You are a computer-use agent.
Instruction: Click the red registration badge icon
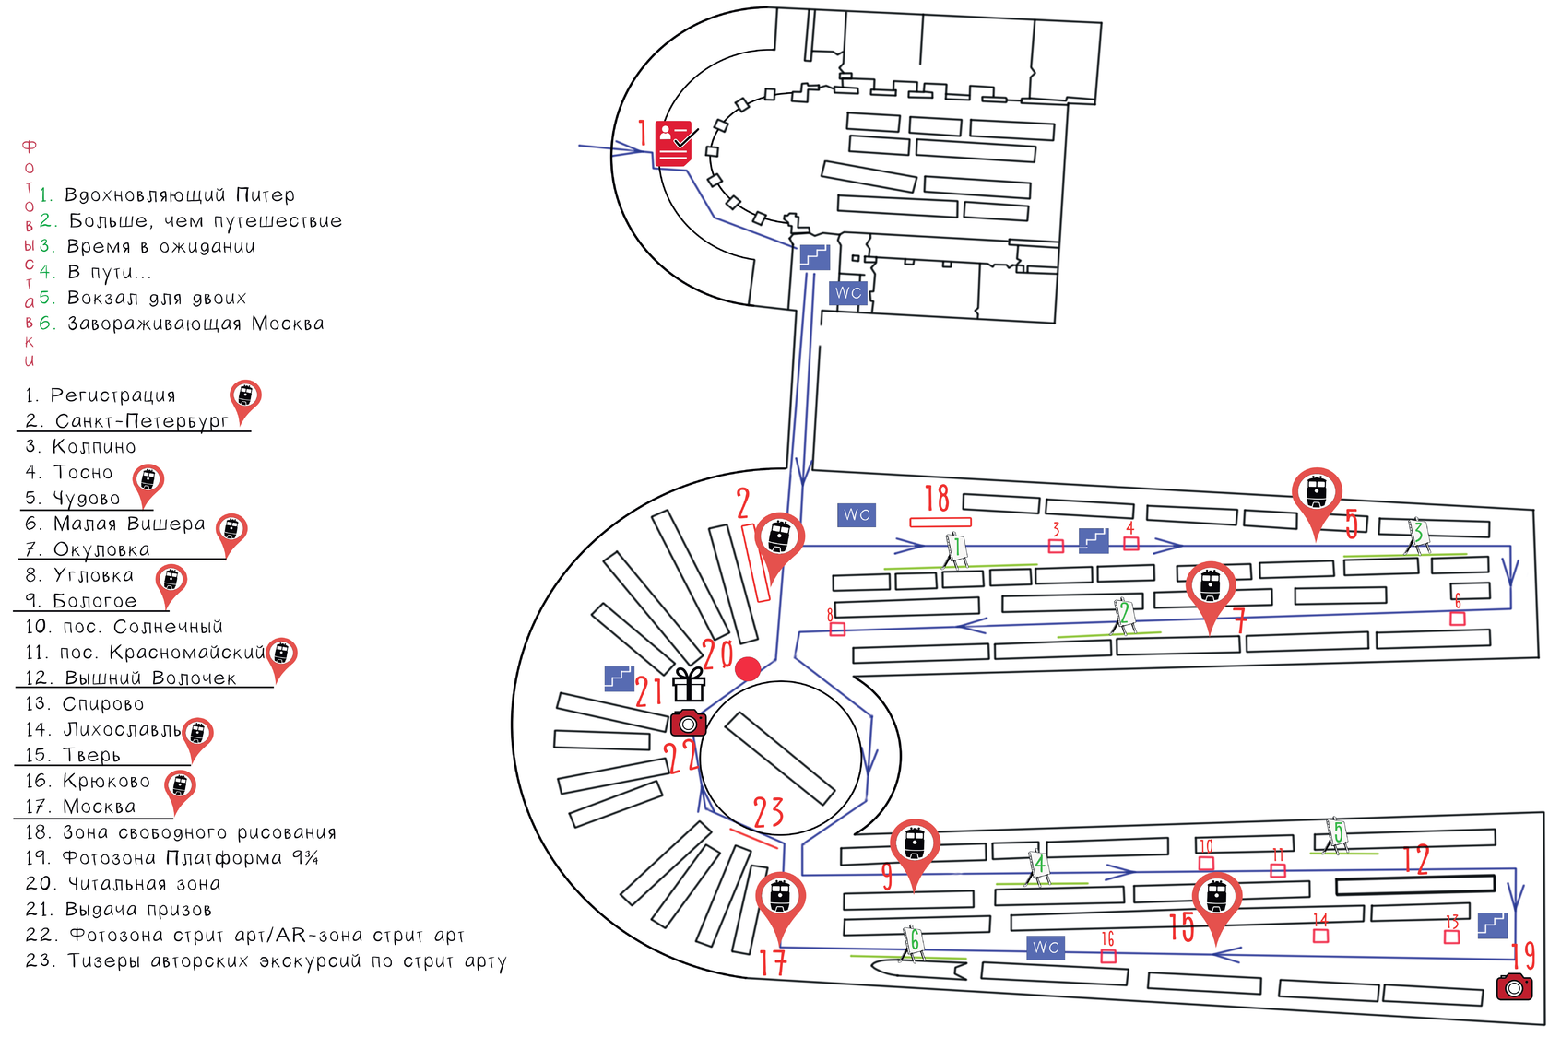673,143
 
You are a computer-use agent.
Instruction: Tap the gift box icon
690,685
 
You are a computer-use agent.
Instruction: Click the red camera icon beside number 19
1514,986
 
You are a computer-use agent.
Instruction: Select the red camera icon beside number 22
688,723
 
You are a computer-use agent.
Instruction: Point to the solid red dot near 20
748,668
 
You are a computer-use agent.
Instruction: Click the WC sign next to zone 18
857,514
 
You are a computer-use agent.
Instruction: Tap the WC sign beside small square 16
1046,947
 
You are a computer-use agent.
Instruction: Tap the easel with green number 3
1418,536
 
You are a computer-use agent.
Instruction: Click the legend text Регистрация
112,395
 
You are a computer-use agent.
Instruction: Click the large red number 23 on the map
768,812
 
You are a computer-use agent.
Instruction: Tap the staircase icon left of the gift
619,678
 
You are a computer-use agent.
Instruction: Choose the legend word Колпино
94,446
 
